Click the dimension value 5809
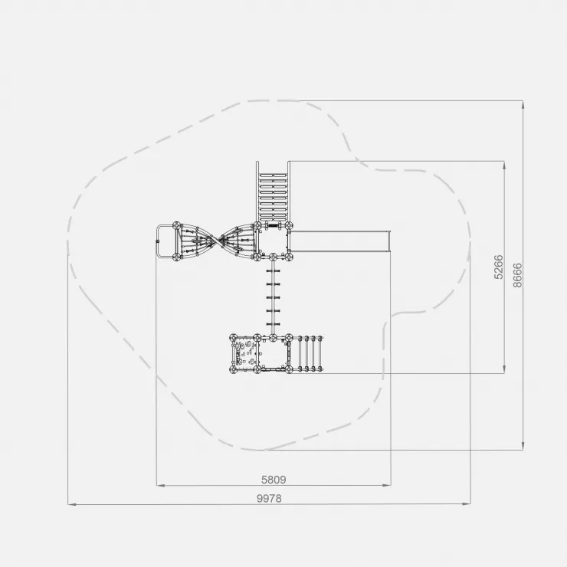274,480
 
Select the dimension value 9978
269,498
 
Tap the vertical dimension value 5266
499,267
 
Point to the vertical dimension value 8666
517,275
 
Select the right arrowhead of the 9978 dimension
467,503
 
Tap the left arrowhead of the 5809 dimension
161,485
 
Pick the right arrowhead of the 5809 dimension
387,485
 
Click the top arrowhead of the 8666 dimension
523,105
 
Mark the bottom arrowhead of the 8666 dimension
523,446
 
